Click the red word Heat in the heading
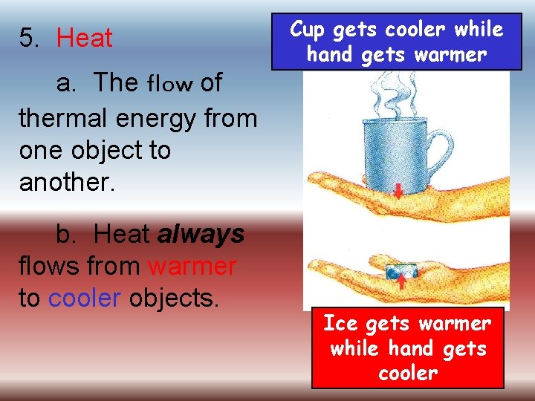pyautogui.click(x=85, y=38)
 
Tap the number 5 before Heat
pyautogui.click(x=27, y=38)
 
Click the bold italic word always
pyautogui.click(x=201, y=234)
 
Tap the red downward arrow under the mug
pyautogui.click(x=399, y=191)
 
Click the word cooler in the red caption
pyautogui.click(x=407, y=372)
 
